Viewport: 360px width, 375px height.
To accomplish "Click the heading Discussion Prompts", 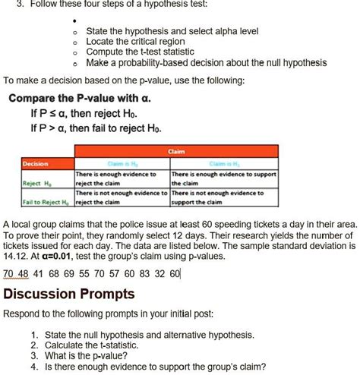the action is (x=69, y=293).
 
